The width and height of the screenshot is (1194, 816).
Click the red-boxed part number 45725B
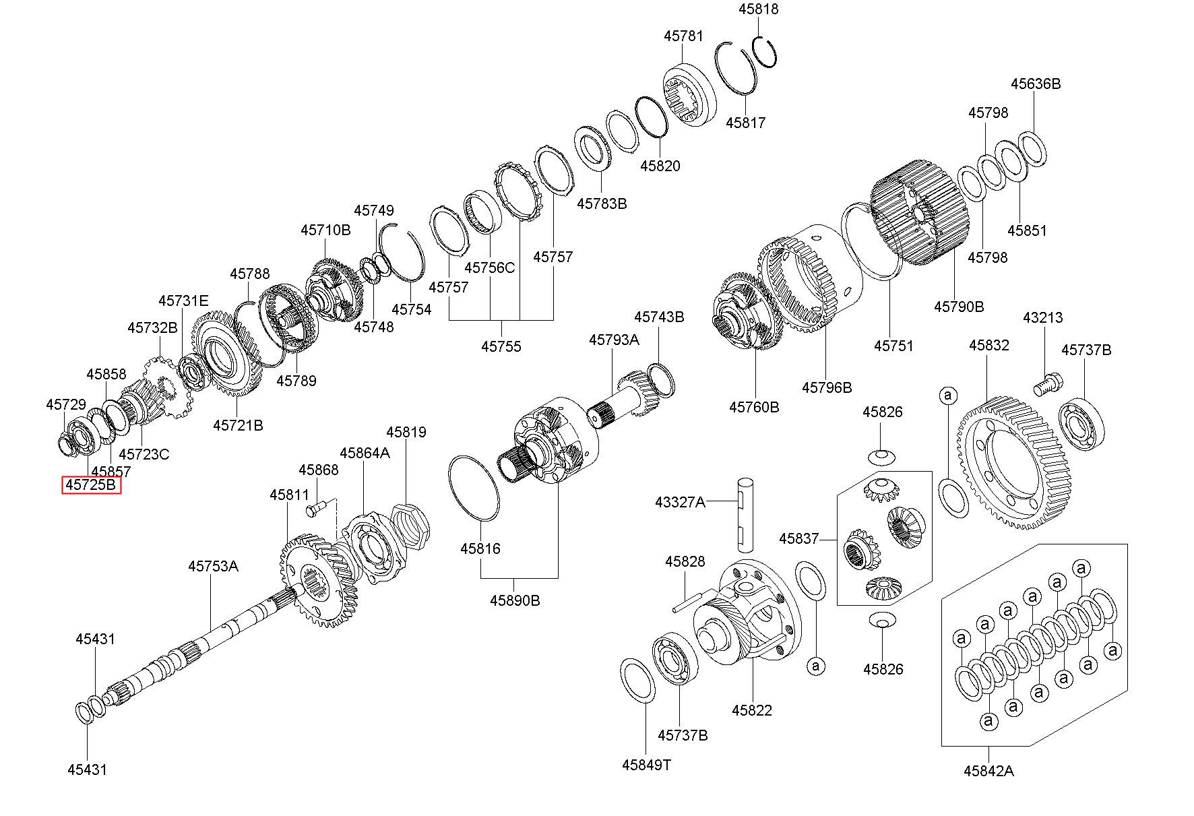pos(91,485)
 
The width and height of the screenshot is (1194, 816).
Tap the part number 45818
pos(758,9)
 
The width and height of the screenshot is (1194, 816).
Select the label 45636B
pos(1035,84)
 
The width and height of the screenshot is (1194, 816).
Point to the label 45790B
pos(958,307)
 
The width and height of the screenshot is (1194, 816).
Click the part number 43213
pos(1042,317)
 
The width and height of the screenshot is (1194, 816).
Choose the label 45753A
pos(213,566)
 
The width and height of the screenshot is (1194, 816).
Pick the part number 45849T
pos(646,765)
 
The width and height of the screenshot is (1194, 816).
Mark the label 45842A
pos(988,772)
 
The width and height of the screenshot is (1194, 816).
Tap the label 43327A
pos(680,502)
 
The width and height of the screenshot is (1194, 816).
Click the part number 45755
pos(501,347)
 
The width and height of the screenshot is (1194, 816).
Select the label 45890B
pos(515,600)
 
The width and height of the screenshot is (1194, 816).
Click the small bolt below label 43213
pos(1046,385)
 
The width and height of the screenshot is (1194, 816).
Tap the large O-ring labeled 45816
pos(474,489)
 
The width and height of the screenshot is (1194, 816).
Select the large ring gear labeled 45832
pos(1014,465)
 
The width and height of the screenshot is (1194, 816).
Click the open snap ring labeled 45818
pos(765,51)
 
